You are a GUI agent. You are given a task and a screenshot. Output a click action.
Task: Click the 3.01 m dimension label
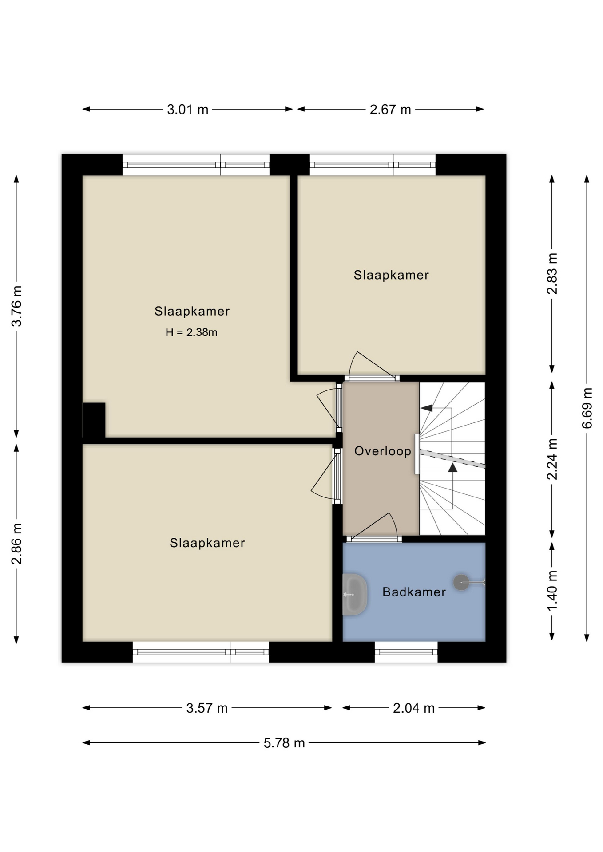(187, 109)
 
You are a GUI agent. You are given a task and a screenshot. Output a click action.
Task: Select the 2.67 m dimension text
(390, 109)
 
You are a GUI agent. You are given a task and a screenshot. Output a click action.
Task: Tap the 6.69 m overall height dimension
(587, 408)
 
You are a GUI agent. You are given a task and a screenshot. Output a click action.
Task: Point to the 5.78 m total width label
(284, 743)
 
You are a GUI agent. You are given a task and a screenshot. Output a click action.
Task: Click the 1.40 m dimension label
(552, 591)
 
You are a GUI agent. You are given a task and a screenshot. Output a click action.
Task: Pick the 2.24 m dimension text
(552, 459)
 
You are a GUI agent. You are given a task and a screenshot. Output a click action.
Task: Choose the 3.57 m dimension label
(207, 708)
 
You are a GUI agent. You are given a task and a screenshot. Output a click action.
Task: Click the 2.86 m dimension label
(16, 544)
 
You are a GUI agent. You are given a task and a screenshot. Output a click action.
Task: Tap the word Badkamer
(414, 592)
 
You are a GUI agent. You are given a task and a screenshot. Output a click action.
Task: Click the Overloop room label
(383, 451)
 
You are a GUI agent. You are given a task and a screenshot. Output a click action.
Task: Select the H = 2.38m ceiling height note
(191, 332)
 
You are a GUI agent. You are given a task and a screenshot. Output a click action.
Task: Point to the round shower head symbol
(461, 582)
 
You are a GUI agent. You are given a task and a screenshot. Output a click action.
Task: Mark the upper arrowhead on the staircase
(427, 408)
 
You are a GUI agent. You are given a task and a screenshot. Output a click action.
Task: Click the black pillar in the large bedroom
(94, 420)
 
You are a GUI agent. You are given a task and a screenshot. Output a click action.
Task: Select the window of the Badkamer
(406, 652)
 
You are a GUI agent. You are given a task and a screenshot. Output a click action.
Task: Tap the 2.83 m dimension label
(552, 274)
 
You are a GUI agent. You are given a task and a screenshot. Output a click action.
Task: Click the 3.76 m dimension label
(16, 306)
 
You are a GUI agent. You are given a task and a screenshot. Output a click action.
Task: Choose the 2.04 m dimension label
(414, 708)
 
